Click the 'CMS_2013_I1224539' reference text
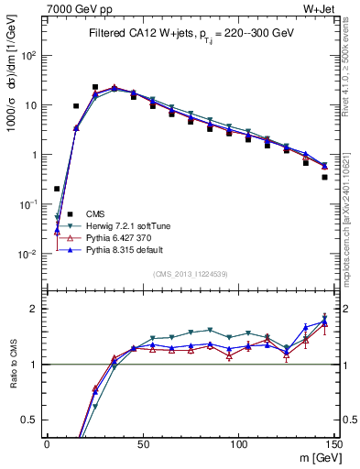pos(191,272)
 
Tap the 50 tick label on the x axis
pos(142,444)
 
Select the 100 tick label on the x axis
pos(238,444)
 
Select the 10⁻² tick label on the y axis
pos(31,255)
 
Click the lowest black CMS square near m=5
pos(57,189)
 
